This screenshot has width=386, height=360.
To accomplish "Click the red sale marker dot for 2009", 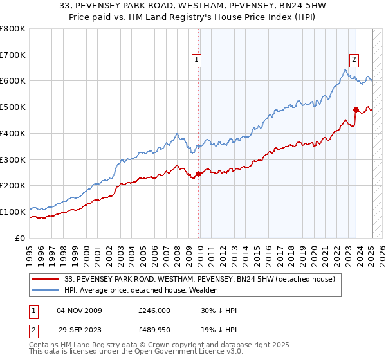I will pyautogui.click(x=198, y=173).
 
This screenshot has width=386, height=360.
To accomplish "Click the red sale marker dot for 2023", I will pyautogui.click(x=356, y=109).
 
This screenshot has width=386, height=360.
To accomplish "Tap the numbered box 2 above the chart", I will pyautogui.click(x=354, y=60).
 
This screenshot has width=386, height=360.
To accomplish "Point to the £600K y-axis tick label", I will pyautogui.click(x=13, y=81).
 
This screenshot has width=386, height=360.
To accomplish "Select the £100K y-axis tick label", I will pyautogui.click(x=13, y=212).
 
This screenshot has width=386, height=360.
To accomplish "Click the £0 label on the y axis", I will pyautogui.click(x=20, y=238).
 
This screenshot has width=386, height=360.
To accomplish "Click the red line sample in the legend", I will pyautogui.click(x=46, y=280).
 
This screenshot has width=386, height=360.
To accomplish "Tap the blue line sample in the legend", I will pyautogui.click(x=46, y=291).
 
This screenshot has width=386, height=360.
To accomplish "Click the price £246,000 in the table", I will pyautogui.click(x=154, y=310).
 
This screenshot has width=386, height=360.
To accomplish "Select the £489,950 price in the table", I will pyautogui.click(x=154, y=331).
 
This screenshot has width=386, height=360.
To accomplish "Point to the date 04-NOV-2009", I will pyautogui.click(x=79, y=310).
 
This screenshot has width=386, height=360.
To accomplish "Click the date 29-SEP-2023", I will pyautogui.click(x=78, y=331).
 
